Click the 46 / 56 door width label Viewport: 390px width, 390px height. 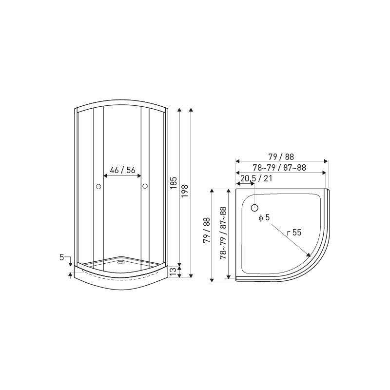pyautogui.click(x=122, y=170)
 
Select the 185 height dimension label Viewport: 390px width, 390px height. pyautogui.click(x=174, y=183)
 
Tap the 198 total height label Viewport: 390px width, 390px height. pyautogui.click(x=185, y=191)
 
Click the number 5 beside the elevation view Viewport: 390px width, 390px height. pyautogui.click(x=62, y=257)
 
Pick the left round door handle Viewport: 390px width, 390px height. pyautogui.click(x=98, y=186)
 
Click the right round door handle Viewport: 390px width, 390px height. pyautogui.click(x=145, y=186)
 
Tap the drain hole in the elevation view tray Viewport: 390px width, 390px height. pyautogui.click(x=121, y=262)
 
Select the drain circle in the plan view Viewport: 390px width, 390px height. pyautogui.click(x=254, y=208)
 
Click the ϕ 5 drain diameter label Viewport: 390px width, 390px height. pyautogui.click(x=264, y=217)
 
